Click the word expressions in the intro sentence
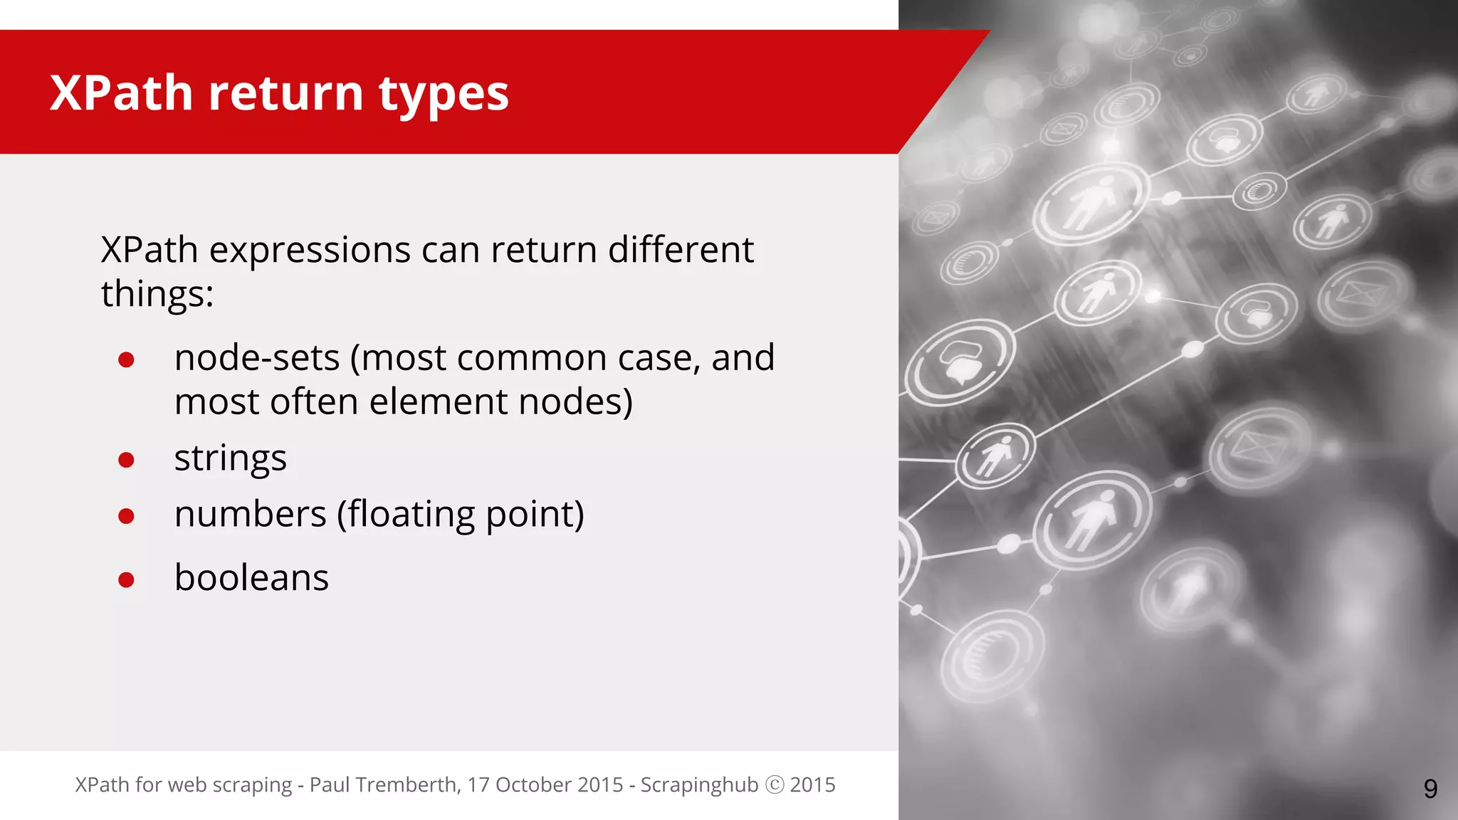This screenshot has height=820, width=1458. click(310, 251)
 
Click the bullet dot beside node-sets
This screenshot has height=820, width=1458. click(127, 359)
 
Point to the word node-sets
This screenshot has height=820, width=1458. click(256, 358)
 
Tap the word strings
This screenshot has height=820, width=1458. click(230, 458)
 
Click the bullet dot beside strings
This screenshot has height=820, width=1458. click(127, 460)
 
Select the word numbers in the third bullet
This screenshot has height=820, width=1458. click(250, 514)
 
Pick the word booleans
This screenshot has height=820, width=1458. click(251, 577)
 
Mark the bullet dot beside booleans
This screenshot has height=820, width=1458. click(127, 579)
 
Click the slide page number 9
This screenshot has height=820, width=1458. click(1430, 789)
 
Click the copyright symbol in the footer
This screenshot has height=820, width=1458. click(775, 784)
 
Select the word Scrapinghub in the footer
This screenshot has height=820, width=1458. click(699, 784)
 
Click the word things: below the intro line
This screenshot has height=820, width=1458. click(157, 294)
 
